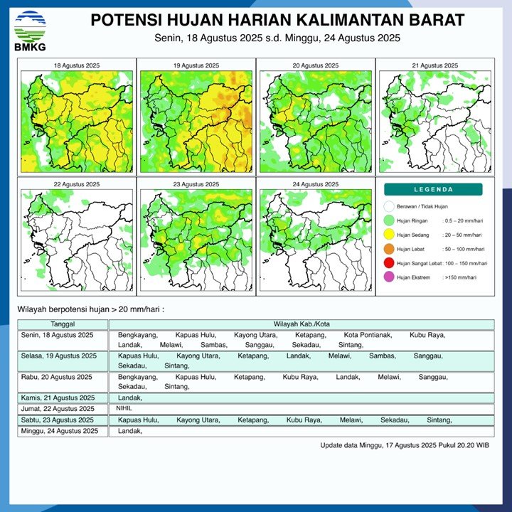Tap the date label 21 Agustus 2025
(x=434, y=65)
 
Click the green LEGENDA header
(x=433, y=190)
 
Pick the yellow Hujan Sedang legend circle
(x=388, y=234)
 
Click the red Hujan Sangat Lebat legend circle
(x=388, y=263)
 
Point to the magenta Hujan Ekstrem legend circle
(x=388, y=277)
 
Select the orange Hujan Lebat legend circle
(x=388, y=249)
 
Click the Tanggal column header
(x=63, y=324)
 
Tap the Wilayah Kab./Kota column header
(x=302, y=324)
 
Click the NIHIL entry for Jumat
(x=124, y=408)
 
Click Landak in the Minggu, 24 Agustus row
(x=130, y=431)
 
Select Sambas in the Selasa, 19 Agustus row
(x=382, y=355)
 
